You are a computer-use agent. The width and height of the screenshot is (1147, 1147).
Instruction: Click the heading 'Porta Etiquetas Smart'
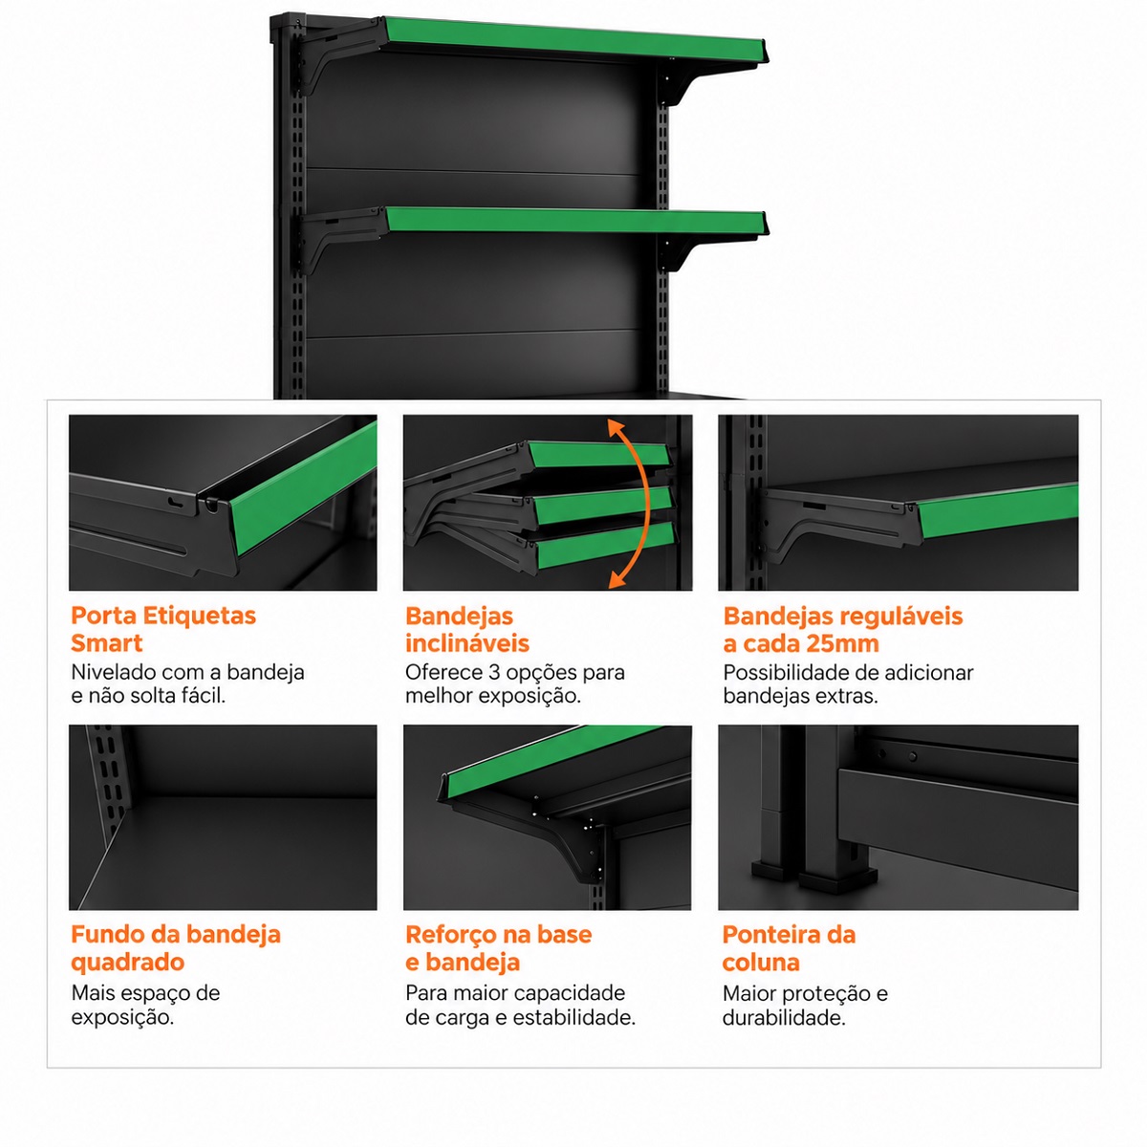pyautogui.click(x=163, y=629)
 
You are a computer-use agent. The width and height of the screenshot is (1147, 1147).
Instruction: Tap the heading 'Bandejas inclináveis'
pyautogui.click(x=467, y=630)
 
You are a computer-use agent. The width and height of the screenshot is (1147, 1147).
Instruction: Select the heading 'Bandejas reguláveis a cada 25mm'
pyautogui.click(x=843, y=630)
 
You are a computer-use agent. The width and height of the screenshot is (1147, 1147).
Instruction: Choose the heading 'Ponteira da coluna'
pyautogui.click(x=789, y=949)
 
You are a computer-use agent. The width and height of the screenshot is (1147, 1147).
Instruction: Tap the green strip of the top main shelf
pyautogui.click(x=574, y=40)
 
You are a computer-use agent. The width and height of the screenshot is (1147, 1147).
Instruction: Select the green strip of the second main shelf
pyautogui.click(x=576, y=221)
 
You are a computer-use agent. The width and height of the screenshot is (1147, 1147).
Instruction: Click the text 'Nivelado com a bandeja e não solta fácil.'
pyautogui.click(x=187, y=683)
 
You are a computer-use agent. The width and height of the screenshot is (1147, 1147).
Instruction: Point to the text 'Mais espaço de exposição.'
pyautogui.click(x=145, y=1005)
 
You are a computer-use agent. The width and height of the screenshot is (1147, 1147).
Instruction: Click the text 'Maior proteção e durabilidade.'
pyautogui.click(x=805, y=1006)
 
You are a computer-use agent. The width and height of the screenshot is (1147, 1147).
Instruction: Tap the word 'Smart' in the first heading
pyautogui.click(x=106, y=643)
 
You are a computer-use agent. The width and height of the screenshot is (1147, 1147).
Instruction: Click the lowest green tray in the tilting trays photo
pyautogui.click(x=605, y=545)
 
